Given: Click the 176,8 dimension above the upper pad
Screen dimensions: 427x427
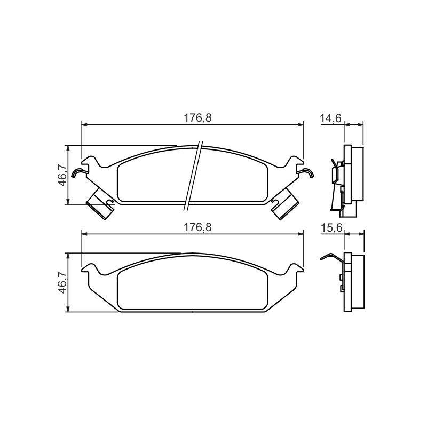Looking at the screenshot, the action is pyautogui.click(x=197, y=118).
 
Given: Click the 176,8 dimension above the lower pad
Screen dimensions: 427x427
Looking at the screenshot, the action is pyautogui.click(x=197, y=227).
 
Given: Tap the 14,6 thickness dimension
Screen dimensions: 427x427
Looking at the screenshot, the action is pyautogui.click(x=330, y=118).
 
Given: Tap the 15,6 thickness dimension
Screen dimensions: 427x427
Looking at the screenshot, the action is pyautogui.click(x=331, y=228).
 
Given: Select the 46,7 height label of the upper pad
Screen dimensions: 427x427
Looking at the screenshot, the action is pyautogui.click(x=62, y=175).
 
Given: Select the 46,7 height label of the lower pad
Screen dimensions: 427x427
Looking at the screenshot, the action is pyautogui.click(x=62, y=282).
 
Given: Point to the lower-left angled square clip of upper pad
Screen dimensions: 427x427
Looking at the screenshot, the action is pyautogui.click(x=100, y=204).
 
